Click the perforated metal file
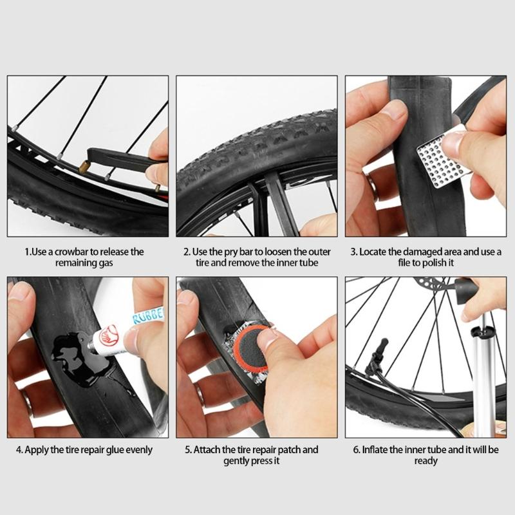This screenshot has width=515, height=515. pyautogui.click(x=443, y=160)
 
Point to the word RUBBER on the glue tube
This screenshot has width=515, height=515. pyautogui.click(x=149, y=316)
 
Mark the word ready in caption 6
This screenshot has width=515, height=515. pyautogui.click(x=426, y=461)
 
